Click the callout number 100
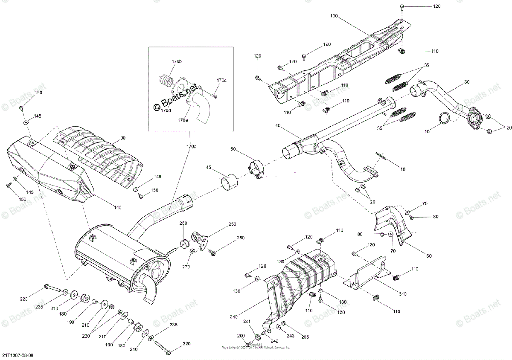coord(333,16)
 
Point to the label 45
coord(209,167)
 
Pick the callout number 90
coord(123,138)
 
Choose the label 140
coord(117,207)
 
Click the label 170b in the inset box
coord(177,62)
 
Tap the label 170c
coord(221,80)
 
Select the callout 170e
coord(183,120)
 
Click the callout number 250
coord(232,224)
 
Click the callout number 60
coord(428,256)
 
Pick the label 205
coord(305,337)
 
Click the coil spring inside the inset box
coord(166,79)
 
